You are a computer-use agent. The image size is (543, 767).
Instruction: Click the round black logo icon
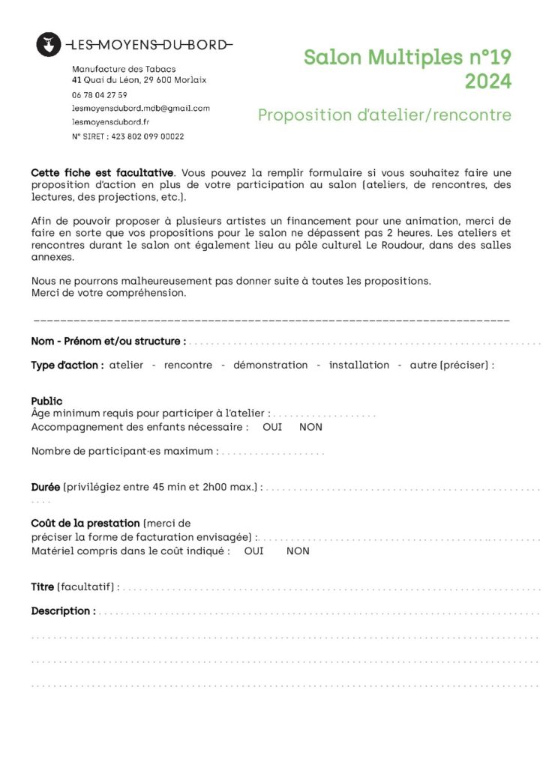tap(49, 45)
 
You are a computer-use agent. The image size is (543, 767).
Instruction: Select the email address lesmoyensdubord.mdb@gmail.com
tap(141, 109)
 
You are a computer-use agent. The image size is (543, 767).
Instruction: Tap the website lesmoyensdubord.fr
tap(110, 122)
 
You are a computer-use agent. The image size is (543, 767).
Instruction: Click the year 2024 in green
tap(488, 81)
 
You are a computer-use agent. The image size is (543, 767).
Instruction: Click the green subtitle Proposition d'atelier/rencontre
tap(385, 115)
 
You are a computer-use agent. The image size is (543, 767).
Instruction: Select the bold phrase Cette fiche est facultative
tap(103, 172)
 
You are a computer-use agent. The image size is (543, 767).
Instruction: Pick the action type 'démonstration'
tap(271, 366)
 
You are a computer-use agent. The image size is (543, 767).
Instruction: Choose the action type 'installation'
tap(359, 366)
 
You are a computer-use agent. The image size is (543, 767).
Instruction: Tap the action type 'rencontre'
tap(187, 366)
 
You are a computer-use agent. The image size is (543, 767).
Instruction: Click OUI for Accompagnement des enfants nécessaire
tap(272, 427)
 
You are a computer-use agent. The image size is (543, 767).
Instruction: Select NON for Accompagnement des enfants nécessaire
tap(310, 427)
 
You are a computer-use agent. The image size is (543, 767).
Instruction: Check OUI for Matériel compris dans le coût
tap(254, 551)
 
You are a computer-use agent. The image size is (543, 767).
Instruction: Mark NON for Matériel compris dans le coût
tap(298, 551)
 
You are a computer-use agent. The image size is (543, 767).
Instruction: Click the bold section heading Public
tap(46, 401)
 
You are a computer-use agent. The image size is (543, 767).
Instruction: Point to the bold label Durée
tap(46, 488)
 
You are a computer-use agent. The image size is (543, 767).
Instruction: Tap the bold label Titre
tap(42, 587)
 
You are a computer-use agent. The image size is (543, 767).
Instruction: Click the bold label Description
tap(63, 611)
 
